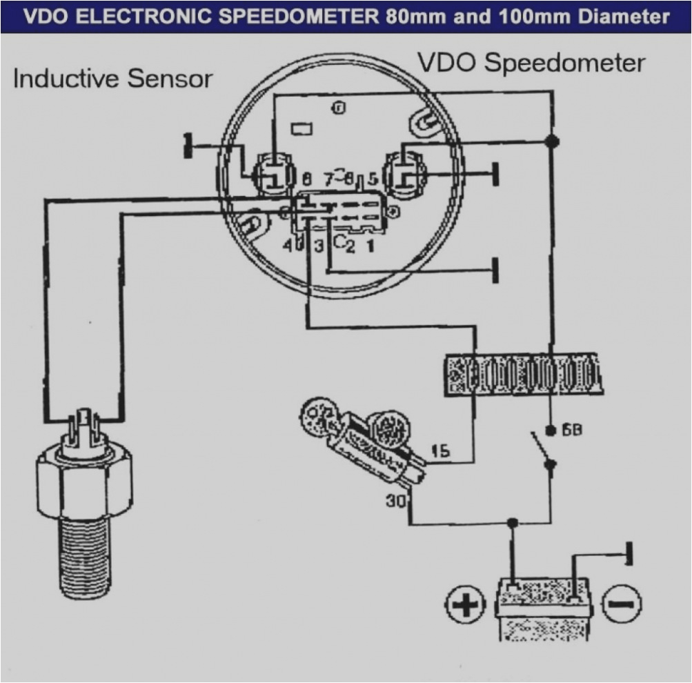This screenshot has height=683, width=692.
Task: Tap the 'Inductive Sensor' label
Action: pos(112,79)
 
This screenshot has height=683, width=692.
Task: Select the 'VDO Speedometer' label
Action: pos(531,63)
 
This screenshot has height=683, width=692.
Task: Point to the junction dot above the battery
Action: pos(512,522)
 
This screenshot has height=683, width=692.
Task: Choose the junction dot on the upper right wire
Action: pos(551,141)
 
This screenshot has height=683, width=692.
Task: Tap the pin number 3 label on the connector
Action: pos(319,245)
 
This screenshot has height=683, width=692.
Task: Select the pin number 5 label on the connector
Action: pos(373,180)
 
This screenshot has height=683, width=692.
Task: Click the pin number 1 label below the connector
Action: pos(370,245)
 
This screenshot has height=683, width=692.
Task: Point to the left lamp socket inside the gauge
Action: pos(274,172)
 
